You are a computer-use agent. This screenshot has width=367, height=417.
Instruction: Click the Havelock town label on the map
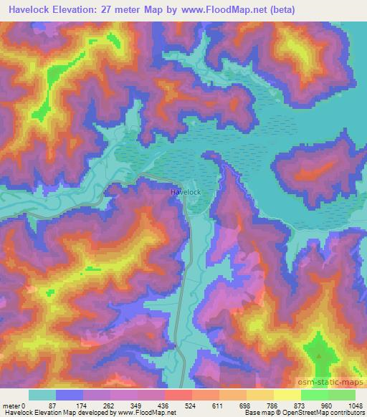point(185,193)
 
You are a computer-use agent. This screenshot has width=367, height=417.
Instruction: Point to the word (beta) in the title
point(279,10)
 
